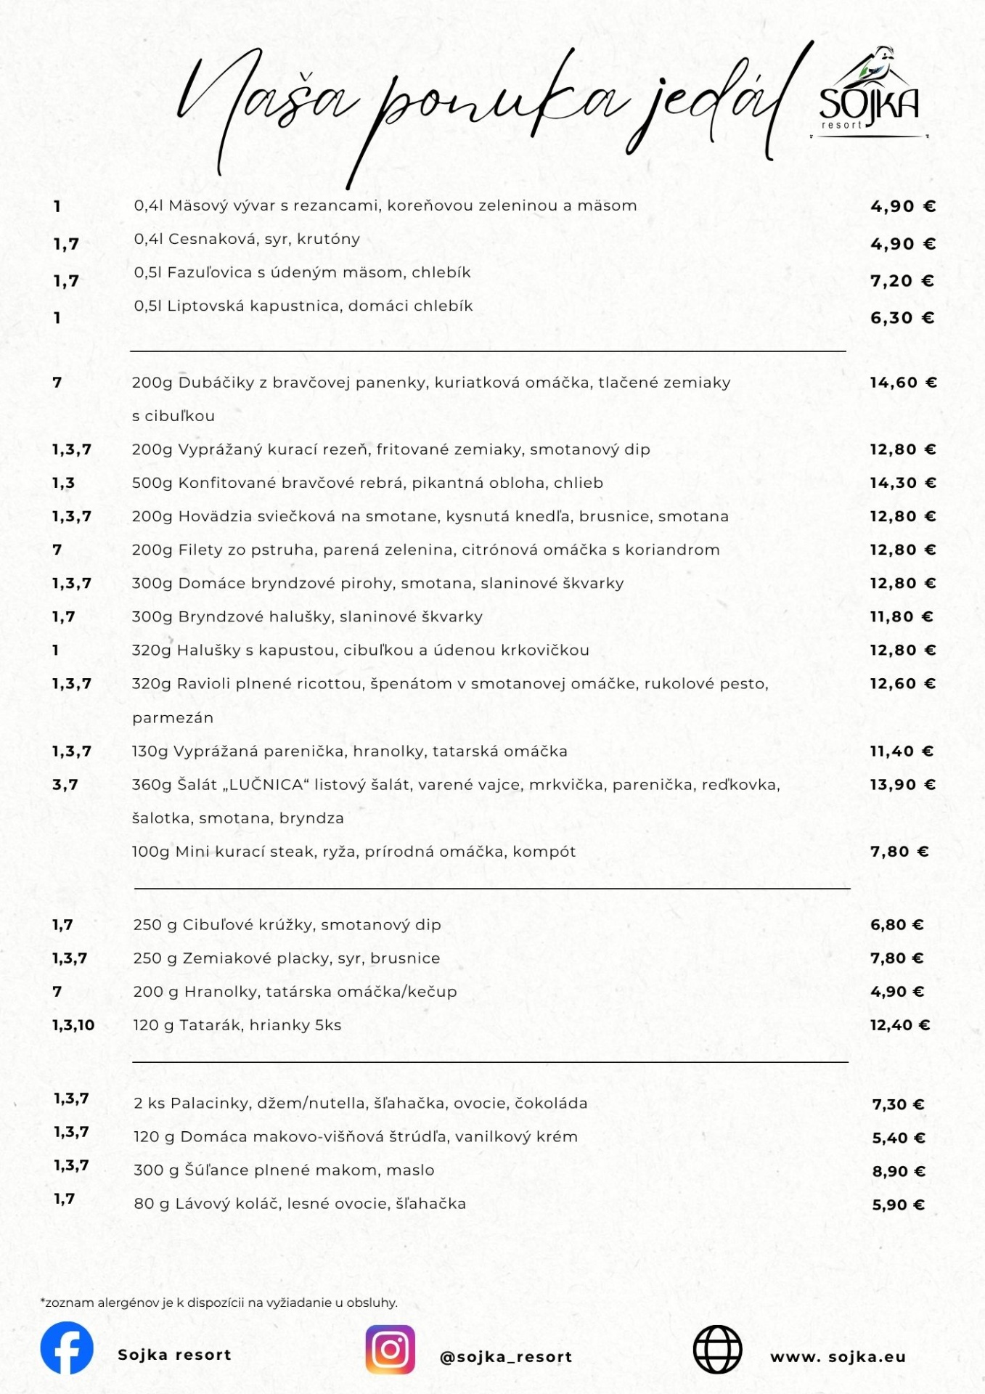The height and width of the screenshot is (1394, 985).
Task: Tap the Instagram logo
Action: click(x=391, y=1349)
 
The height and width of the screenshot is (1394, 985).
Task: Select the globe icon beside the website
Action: click(x=717, y=1350)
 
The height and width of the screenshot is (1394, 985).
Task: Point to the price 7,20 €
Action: click(x=902, y=281)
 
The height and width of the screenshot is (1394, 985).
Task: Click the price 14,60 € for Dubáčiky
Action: click(x=903, y=383)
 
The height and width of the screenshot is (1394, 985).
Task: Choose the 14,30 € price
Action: click(x=903, y=483)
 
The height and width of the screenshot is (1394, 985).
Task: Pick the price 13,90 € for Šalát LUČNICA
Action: click(x=903, y=785)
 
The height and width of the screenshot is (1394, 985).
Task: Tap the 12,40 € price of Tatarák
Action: click(x=900, y=1025)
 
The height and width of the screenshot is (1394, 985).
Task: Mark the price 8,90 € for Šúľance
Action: click(x=899, y=1171)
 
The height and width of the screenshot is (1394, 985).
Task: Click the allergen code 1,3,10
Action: click(x=73, y=1025)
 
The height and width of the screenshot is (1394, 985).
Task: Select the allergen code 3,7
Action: click(x=65, y=785)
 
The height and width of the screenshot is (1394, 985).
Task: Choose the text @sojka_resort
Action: click(x=506, y=1357)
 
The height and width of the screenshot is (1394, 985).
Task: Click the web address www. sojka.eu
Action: click(x=838, y=1357)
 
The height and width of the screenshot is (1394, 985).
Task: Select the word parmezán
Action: click(x=173, y=718)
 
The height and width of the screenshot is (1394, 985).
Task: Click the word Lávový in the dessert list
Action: click(x=202, y=1204)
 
